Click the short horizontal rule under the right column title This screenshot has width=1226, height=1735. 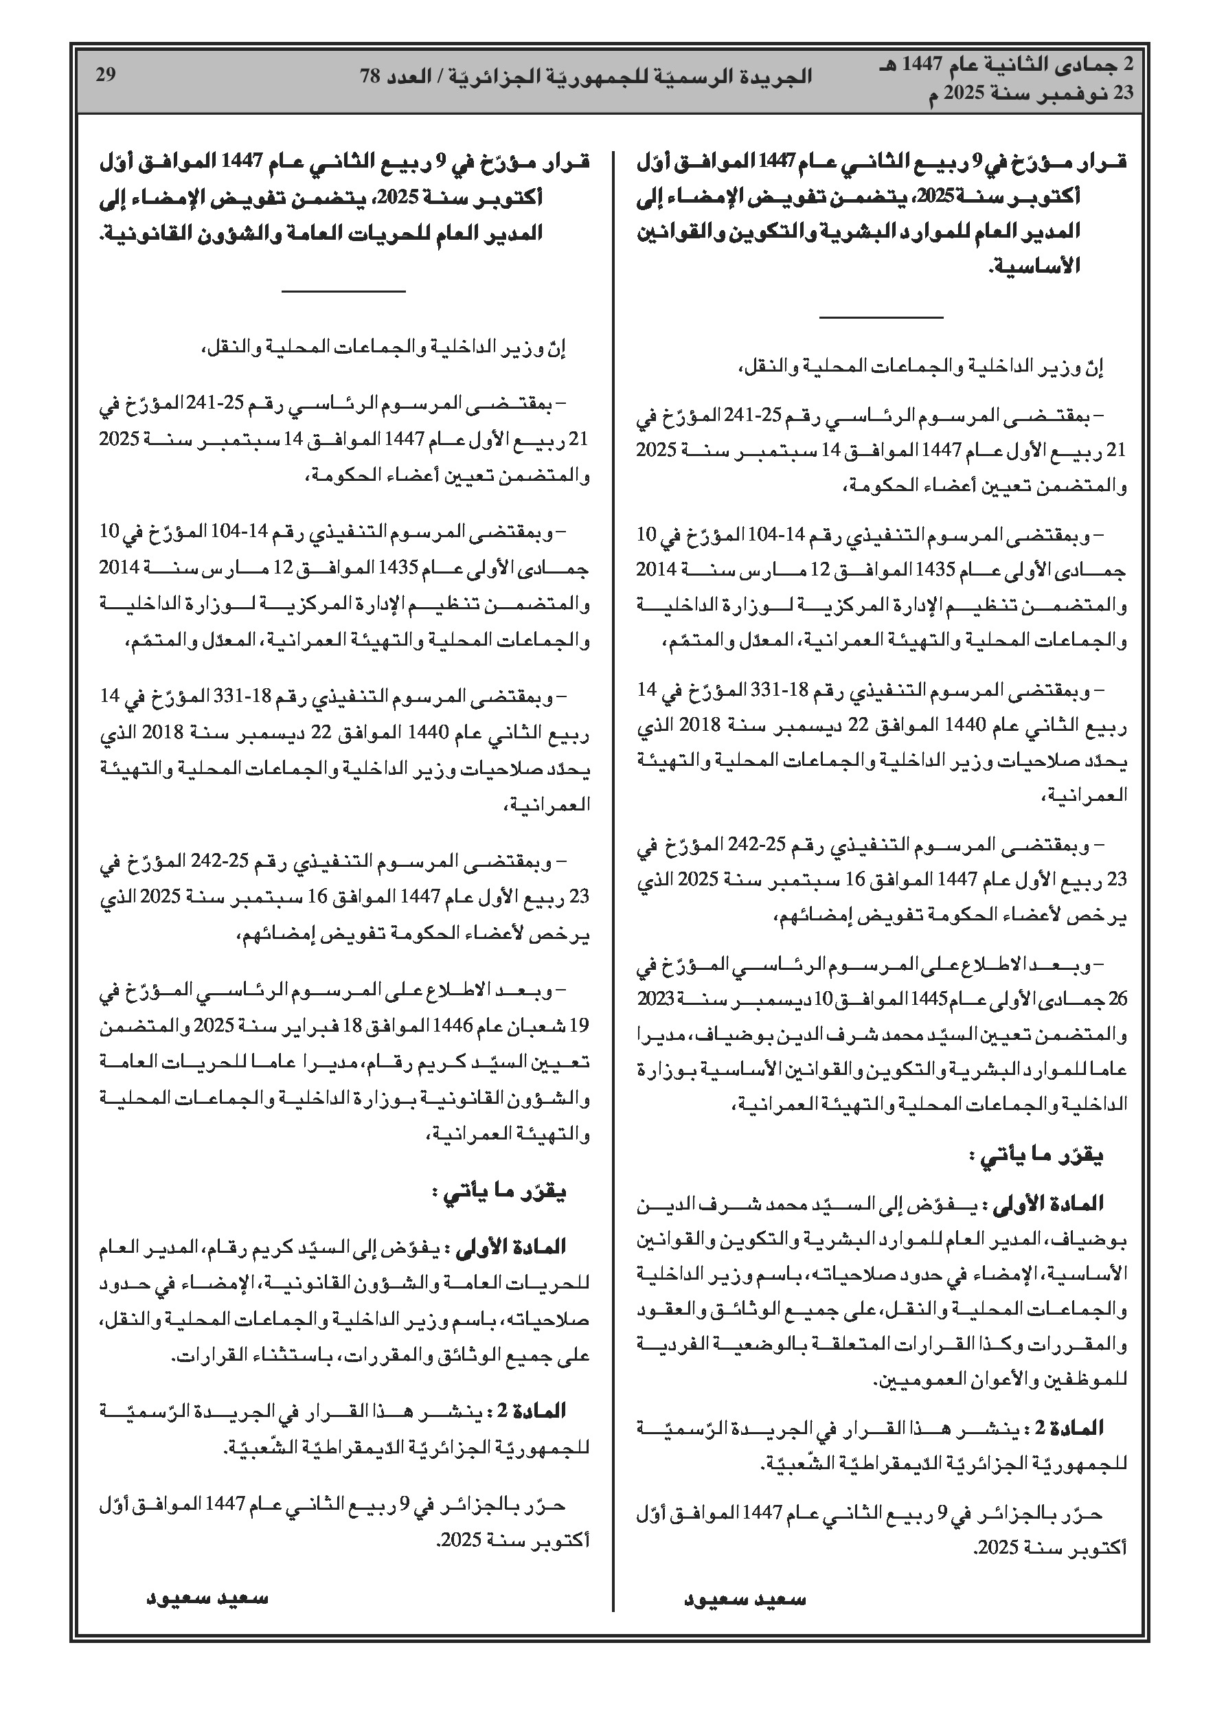point(881,317)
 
